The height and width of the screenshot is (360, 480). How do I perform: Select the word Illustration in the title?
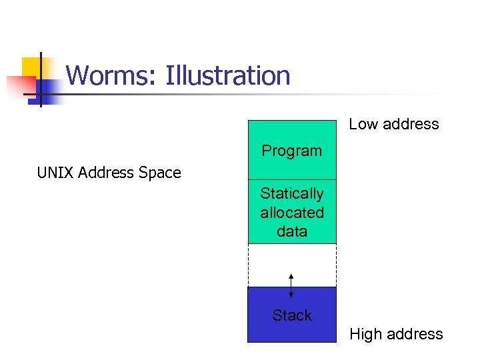pyautogui.click(x=228, y=76)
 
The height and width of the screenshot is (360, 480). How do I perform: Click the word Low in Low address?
pyautogui.click(x=364, y=124)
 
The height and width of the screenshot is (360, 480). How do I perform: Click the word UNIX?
pyautogui.click(x=55, y=173)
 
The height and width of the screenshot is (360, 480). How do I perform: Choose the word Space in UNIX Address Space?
pyautogui.click(x=159, y=173)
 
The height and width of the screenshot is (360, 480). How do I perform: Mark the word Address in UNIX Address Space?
pyautogui.click(x=105, y=173)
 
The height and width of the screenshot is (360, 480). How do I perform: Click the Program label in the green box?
pyautogui.click(x=291, y=151)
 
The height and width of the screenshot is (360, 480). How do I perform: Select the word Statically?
pyautogui.click(x=291, y=193)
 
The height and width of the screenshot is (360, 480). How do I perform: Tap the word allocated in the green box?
pyautogui.click(x=291, y=213)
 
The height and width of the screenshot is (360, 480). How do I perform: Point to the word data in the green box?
pyautogui.click(x=291, y=231)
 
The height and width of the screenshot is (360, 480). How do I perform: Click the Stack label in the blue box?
pyautogui.click(x=291, y=315)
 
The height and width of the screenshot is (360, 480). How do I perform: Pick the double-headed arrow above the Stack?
pyautogui.click(x=291, y=285)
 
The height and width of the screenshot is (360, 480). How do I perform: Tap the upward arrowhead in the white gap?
pyautogui.click(x=291, y=275)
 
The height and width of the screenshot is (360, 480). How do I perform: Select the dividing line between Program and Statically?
pyautogui.click(x=291, y=179)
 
